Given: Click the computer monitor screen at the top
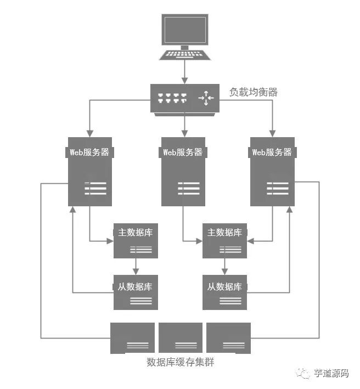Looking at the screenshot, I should pos(184,30).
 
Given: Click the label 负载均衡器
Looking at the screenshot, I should pos(254,92).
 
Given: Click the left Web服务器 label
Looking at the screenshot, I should pos(91,153).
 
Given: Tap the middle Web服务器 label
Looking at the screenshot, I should pos(183,153).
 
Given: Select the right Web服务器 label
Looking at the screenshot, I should pos(272,153).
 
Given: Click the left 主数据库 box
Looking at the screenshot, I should pos(136,240).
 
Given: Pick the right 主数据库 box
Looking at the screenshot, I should pos(224,240).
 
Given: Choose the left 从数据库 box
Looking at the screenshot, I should pos(136,292).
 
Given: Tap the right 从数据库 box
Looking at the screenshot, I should pos(224,292).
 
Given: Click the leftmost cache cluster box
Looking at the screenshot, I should pos(133,337).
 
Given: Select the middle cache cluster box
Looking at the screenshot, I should pos(181,337).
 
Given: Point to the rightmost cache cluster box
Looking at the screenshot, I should pos(228,337).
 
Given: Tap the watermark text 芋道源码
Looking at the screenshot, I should pos(331,374).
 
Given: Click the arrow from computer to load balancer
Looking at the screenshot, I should pos(184,72).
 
